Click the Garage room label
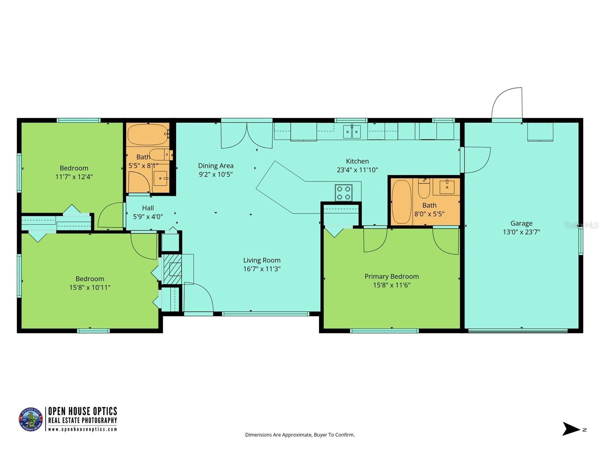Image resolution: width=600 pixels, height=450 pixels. (521, 223)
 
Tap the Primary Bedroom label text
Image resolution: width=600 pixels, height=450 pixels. (391, 276)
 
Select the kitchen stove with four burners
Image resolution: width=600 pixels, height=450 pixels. (343, 193)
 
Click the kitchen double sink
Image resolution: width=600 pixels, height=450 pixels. (352, 132)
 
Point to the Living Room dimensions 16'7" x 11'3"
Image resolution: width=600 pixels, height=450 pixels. (262, 269)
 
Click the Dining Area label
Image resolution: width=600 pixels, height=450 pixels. (216, 166)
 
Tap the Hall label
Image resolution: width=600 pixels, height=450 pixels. (148, 208)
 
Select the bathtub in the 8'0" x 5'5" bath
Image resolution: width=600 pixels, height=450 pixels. (401, 202)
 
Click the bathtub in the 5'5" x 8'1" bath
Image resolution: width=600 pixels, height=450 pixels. (147, 134)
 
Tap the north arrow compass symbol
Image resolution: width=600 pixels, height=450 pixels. (572, 429)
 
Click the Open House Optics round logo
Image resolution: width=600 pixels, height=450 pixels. (31, 419)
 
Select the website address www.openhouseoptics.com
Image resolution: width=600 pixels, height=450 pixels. (82, 429)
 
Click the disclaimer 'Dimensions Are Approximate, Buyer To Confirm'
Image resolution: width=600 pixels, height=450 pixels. (300, 435)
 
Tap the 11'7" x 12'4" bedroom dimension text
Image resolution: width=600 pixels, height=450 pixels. (74, 177)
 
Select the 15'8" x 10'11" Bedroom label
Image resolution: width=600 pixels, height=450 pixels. (90, 279)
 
